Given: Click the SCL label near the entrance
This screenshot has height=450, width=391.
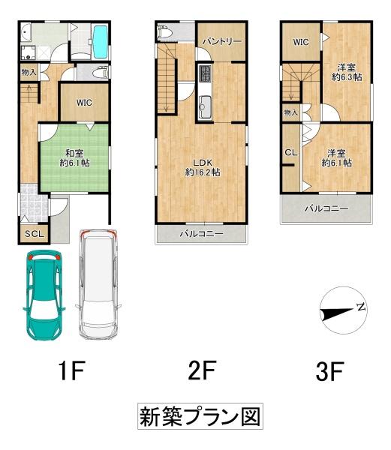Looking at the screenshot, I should coord(34,234).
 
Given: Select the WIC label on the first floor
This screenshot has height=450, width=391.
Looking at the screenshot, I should coord(83,103).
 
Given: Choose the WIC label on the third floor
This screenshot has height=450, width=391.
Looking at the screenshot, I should coord(302,42).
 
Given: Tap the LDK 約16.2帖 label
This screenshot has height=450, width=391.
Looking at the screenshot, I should coord(203,166).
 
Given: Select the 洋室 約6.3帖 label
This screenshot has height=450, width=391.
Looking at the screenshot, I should coord(347,71).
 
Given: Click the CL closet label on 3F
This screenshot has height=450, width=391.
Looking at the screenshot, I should coord(290,153).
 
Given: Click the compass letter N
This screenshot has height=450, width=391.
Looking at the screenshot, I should coord(361,307).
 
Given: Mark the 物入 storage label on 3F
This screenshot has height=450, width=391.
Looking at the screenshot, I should coord(290,112).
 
